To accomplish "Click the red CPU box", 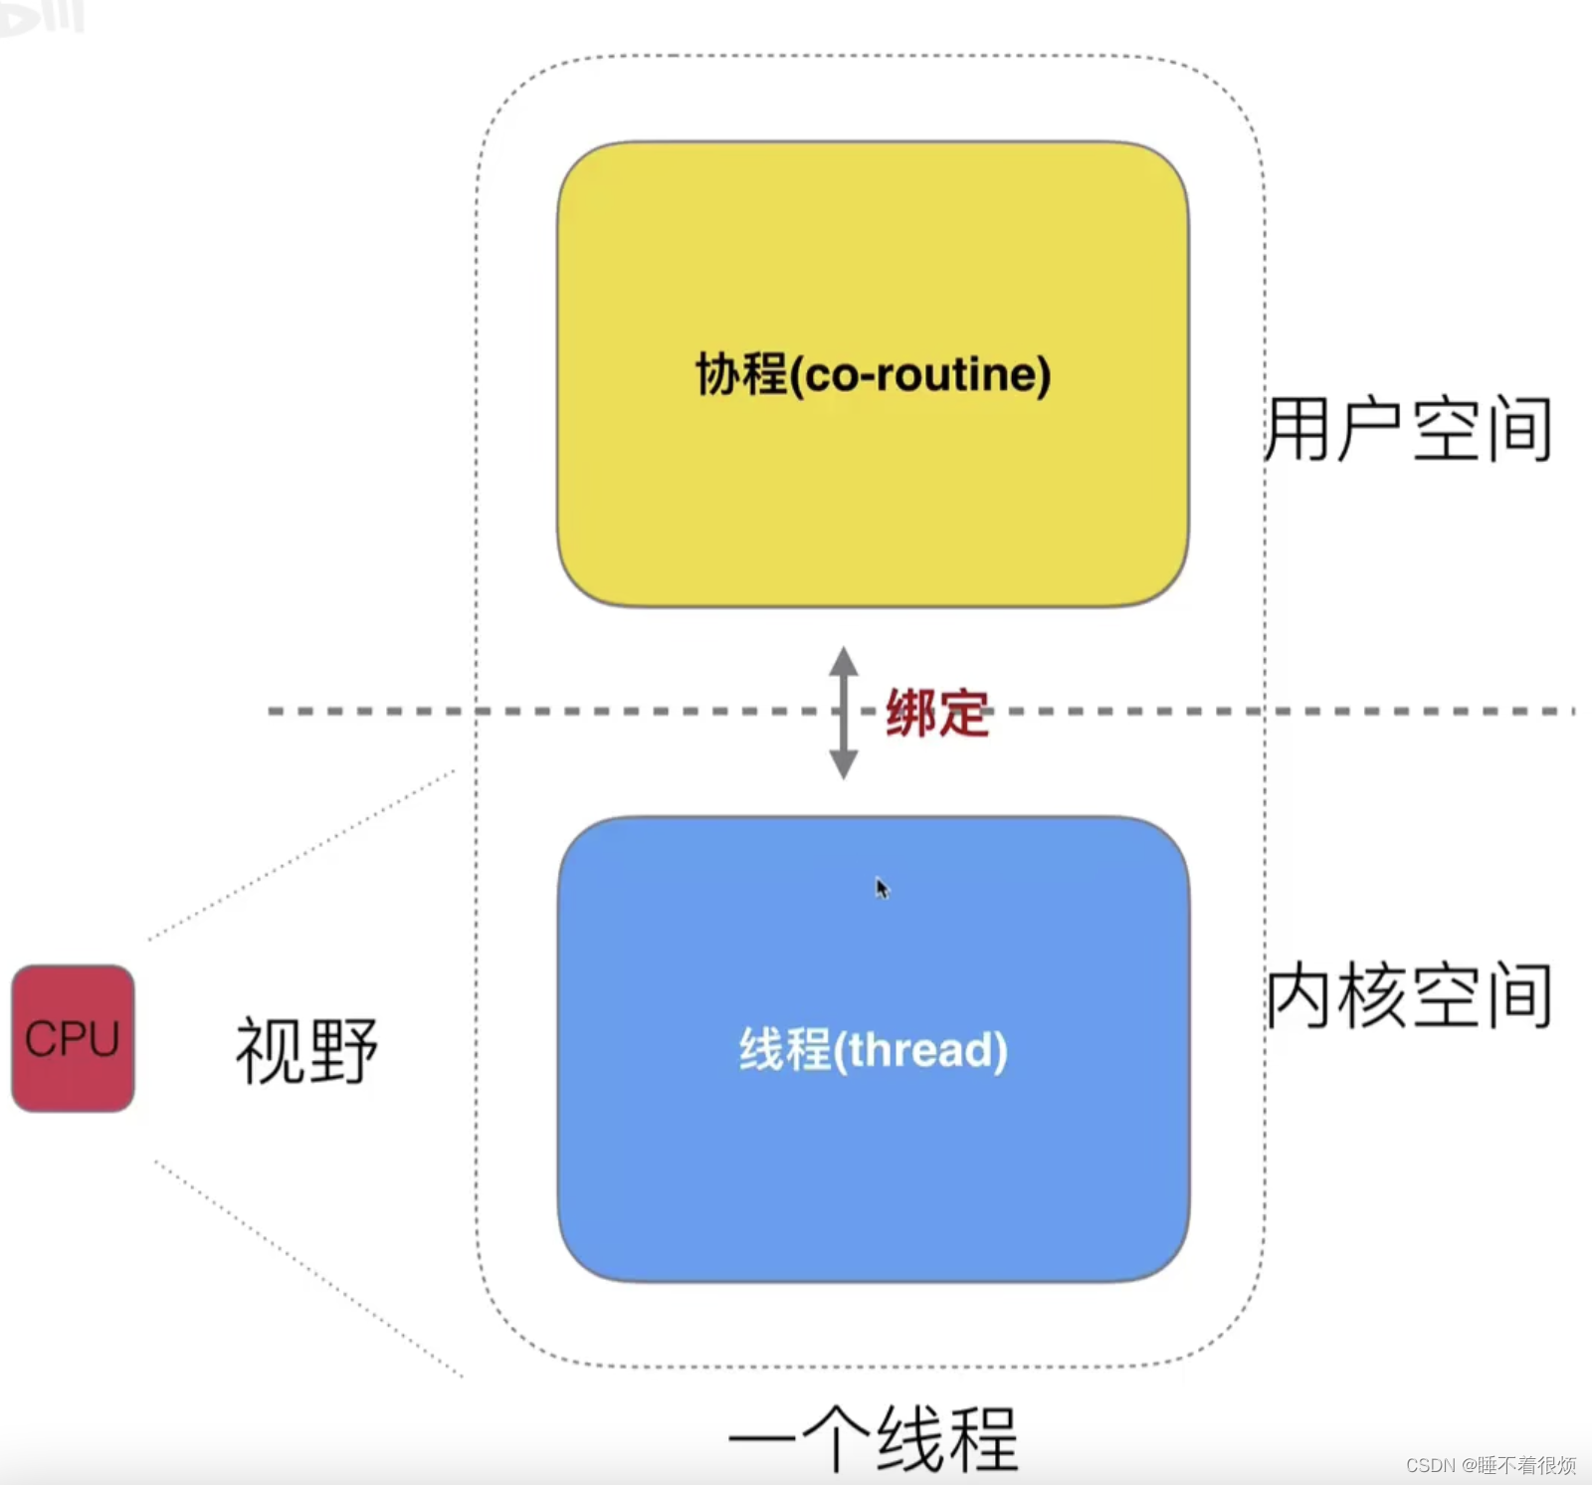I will tap(73, 1038).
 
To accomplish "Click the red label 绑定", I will tap(937, 714).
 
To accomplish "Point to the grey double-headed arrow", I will tap(844, 713).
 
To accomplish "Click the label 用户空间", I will tap(1408, 429).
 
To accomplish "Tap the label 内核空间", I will tap(1408, 995).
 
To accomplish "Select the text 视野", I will tap(306, 1050).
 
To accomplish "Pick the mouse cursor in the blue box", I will tap(882, 887).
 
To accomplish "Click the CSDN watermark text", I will tap(1490, 1465).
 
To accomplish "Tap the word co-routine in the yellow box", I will tap(921, 375).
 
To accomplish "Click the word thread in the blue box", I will tap(921, 1050).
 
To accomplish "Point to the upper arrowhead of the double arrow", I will tap(844, 661).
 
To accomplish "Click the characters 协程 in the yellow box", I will tap(740, 375).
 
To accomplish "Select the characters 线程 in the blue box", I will tap(784, 1050).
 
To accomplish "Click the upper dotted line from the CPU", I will tap(298, 856).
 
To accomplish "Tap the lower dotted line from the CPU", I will tap(308, 1269).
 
